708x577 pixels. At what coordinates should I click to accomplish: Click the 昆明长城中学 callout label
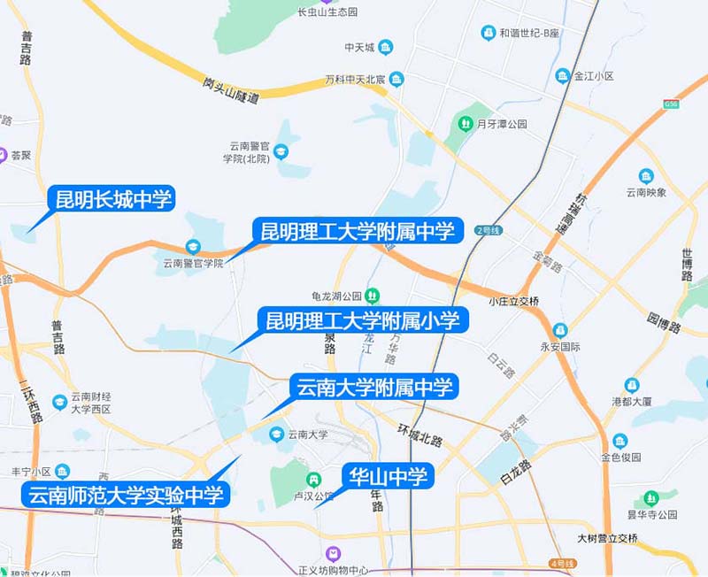113,198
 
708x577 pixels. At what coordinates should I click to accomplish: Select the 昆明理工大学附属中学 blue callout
357,232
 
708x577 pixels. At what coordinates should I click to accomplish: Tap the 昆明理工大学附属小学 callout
363,319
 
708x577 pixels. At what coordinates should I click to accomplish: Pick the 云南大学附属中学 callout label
373,387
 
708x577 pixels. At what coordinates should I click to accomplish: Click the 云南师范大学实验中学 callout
126,495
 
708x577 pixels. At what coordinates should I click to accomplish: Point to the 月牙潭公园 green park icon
464,124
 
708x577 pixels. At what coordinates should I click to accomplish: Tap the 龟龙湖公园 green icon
373,295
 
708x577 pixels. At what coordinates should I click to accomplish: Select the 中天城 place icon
387,47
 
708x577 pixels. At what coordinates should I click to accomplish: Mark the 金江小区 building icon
563,76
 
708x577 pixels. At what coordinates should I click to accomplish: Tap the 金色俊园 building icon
619,441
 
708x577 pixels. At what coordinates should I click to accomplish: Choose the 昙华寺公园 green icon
651,498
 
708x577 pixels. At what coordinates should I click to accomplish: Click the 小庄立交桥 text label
513,302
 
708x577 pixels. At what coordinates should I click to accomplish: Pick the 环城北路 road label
419,434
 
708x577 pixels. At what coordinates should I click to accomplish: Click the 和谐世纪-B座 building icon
488,33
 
